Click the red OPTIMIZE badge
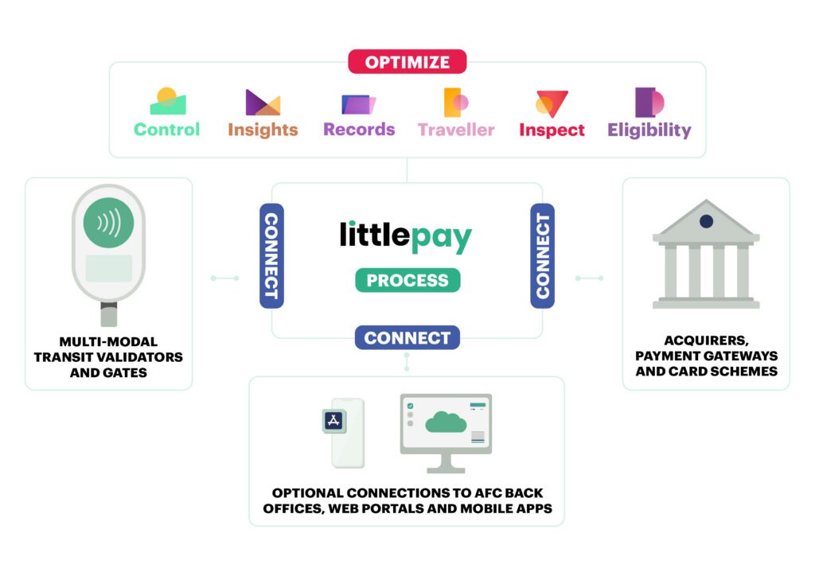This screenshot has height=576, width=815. tap(407, 62)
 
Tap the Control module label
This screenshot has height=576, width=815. tap(167, 130)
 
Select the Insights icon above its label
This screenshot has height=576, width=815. tap(263, 102)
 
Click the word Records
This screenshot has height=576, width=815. tap(359, 130)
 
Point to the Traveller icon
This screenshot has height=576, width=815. tap(456, 103)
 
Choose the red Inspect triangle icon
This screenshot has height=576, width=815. tap(552, 104)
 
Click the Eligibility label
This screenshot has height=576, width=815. tap(649, 130)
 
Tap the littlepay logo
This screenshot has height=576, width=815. tap(405, 237)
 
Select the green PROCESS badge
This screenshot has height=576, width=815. tap(407, 281)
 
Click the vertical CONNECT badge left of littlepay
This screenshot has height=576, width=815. tap(271, 255)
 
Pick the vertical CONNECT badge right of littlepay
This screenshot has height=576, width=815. tap(542, 255)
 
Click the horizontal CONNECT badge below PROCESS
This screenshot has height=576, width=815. tap(407, 337)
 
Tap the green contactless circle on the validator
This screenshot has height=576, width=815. tap(108, 223)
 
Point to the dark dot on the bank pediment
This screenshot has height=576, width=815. tap(706, 221)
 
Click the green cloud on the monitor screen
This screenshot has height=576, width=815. tap(446, 422)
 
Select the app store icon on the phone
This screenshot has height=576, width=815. tap(334, 421)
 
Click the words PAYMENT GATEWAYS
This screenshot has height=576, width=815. tap(707, 356)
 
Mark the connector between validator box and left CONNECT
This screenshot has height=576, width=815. tap(224, 278)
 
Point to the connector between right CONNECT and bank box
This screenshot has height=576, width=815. tap(590, 278)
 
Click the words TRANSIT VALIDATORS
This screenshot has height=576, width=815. tap(108, 357)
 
